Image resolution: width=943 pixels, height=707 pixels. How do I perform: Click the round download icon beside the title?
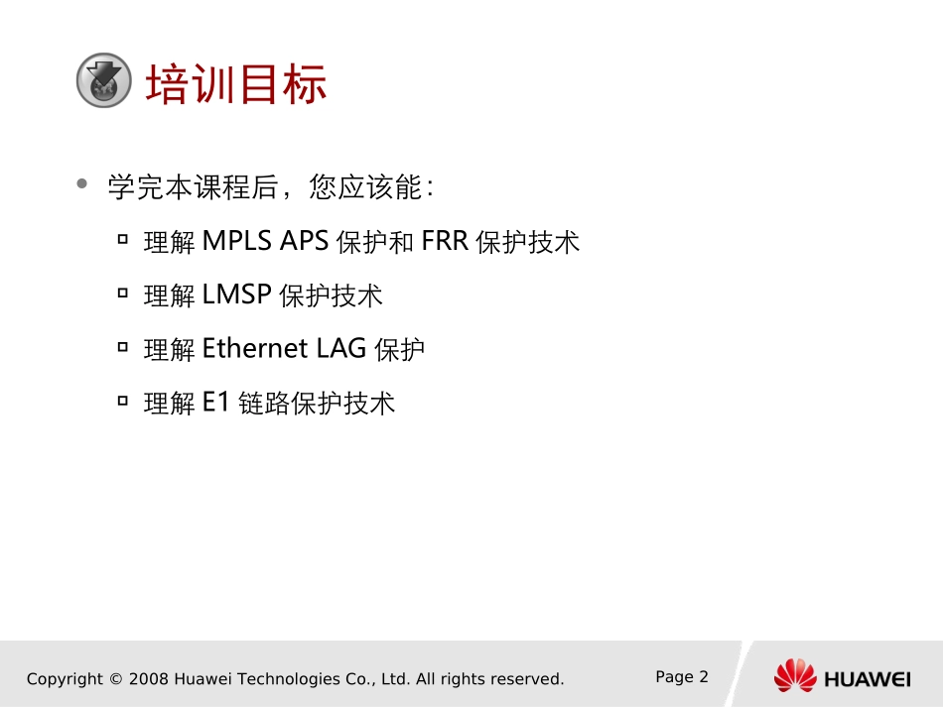[104, 80]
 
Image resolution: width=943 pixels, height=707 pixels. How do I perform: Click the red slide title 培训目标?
[236, 84]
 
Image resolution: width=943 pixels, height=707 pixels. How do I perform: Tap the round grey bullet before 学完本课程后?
[82, 183]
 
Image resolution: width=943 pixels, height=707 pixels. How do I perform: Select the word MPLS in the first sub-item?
[237, 241]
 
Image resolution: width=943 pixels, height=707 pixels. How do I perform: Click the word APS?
[305, 241]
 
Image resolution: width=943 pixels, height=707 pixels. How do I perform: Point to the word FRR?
[445, 241]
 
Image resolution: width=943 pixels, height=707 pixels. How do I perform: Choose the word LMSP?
[237, 295]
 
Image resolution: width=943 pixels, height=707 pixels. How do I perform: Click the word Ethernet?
[255, 348]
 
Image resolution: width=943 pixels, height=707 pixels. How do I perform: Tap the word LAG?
[341, 348]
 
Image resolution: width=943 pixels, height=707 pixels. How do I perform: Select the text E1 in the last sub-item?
[216, 402]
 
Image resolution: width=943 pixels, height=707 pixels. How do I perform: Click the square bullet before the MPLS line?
[123, 240]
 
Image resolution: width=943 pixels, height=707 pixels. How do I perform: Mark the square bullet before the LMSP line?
[123, 294]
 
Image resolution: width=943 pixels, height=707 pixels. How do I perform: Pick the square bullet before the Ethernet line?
[123, 347]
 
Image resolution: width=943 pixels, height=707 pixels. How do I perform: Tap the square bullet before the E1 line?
[123, 400]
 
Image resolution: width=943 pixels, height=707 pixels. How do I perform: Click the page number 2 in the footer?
[704, 677]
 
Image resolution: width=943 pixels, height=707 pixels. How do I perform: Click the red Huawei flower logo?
[795, 675]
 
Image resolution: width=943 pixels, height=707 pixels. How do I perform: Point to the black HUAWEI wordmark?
[868, 679]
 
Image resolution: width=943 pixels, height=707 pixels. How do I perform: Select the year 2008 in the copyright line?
[149, 679]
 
